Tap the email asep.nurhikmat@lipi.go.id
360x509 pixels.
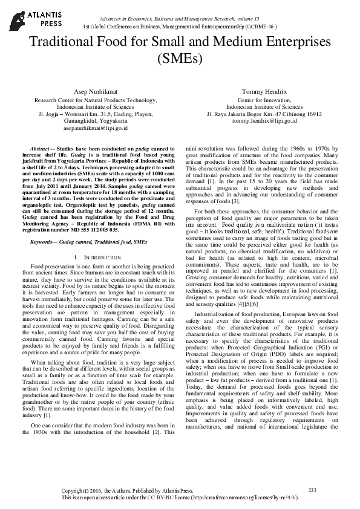click(95, 128)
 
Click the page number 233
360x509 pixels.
click(312, 490)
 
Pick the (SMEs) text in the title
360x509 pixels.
click(180, 59)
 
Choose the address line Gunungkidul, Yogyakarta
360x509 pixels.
click(95, 121)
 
